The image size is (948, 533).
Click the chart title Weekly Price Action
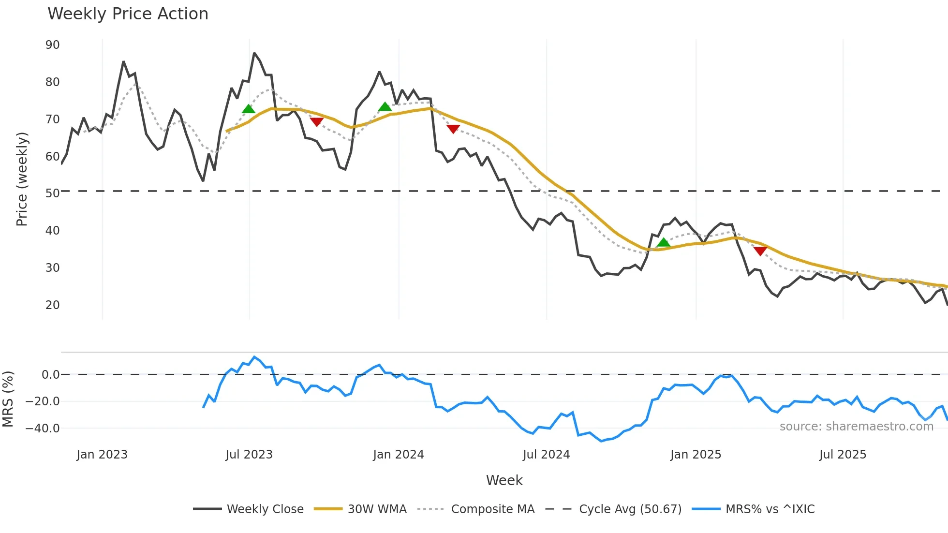[x=128, y=14]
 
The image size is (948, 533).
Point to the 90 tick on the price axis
[x=53, y=45]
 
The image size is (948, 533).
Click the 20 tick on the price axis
[x=53, y=305]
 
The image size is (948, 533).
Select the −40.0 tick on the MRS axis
[x=43, y=428]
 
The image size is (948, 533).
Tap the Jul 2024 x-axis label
[x=546, y=455]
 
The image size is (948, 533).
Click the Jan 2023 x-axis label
[x=102, y=455]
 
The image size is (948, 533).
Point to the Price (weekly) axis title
[x=22, y=179]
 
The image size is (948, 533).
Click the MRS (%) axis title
[x=8, y=399]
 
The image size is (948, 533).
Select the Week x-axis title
[x=504, y=480]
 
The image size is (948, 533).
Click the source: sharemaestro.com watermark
[x=856, y=427]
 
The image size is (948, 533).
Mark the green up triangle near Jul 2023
[x=248, y=109]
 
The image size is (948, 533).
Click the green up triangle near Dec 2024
[x=664, y=242]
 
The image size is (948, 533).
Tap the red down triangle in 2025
[x=760, y=251]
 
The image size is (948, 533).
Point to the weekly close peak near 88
[x=254, y=53]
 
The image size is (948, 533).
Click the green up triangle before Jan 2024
[x=385, y=106]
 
